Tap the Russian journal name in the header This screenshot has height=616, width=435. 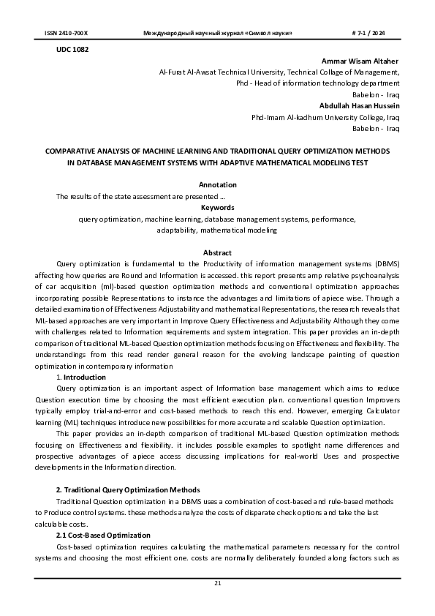pyautogui.click(x=213, y=34)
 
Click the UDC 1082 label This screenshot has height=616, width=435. pyautogui.click(x=72, y=49)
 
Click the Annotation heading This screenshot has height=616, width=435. pyautogui.click(x=217, y=185)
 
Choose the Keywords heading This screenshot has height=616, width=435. pyautogui.click(x=217, y=207)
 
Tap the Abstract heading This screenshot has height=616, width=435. pyautogui.click(x=217, y=252)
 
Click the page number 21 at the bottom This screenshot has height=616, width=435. pyautogui.click(x=217, y=583)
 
